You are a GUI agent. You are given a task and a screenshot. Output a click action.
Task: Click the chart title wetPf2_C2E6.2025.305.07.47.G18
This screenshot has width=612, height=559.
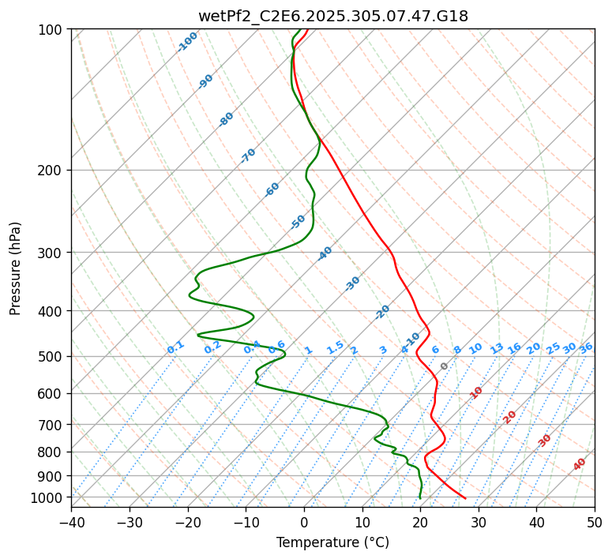pyautogui.click(x=332, y=16)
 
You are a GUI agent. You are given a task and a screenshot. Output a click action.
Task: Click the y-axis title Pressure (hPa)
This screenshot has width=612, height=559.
pyautogui.click(x=16, y=268)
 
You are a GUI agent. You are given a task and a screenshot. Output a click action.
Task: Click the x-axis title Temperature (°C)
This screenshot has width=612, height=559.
pyautogui.click(x=332, y=542)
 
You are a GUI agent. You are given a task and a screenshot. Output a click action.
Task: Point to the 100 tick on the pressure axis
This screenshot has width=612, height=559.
pyautogui.click(x=51, y=30)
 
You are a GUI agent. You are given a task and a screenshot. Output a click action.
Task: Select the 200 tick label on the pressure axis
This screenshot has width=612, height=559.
pyautogui.click(x=51, y=171)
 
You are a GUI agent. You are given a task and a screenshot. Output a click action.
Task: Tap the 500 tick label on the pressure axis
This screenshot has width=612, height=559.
pyautogui.click(x=51, y=357)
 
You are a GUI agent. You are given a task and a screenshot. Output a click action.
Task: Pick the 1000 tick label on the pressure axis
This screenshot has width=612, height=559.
pyautogui.click(x=47, y=497)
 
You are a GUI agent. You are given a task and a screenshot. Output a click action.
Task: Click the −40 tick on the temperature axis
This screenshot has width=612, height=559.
pyautogui.click(x=71, y=522)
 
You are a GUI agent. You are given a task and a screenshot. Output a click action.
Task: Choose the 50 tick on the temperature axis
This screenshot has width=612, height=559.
pyautogui.click(x=595, y=522)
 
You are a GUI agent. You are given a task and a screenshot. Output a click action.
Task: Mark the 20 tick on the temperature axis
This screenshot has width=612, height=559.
pyautogui.click(x=420, y=522)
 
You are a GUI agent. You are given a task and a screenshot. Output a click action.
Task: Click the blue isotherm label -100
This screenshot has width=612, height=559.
pyautogui.click(x=187, y=42)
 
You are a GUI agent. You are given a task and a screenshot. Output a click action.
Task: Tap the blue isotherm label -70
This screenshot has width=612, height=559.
pyautogui.click(x=248, y=156)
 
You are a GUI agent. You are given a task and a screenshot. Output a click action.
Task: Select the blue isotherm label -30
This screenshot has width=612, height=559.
pyautogui.click(x=352, y=283)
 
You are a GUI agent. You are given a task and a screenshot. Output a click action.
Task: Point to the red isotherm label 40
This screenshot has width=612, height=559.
pyautogui.click(x=580, y=464)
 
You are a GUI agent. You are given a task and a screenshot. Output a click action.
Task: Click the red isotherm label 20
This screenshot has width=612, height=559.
pyautogui.click(x=509, y=417)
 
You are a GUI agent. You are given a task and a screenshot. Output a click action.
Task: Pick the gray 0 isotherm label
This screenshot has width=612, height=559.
pyautogui.click(x=445, y=366)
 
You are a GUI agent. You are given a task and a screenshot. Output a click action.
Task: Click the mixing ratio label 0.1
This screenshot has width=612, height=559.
pyautogui.click(x=175, y=347)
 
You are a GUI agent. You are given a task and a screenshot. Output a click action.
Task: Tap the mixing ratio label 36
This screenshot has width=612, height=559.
pyautogui.click(x=586, y=347)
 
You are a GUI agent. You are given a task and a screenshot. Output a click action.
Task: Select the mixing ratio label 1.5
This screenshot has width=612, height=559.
pyautogui.click(x=335, y=347)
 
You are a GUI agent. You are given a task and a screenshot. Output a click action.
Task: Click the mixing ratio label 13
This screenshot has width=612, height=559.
pyautogui.click(x=497, y=348)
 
